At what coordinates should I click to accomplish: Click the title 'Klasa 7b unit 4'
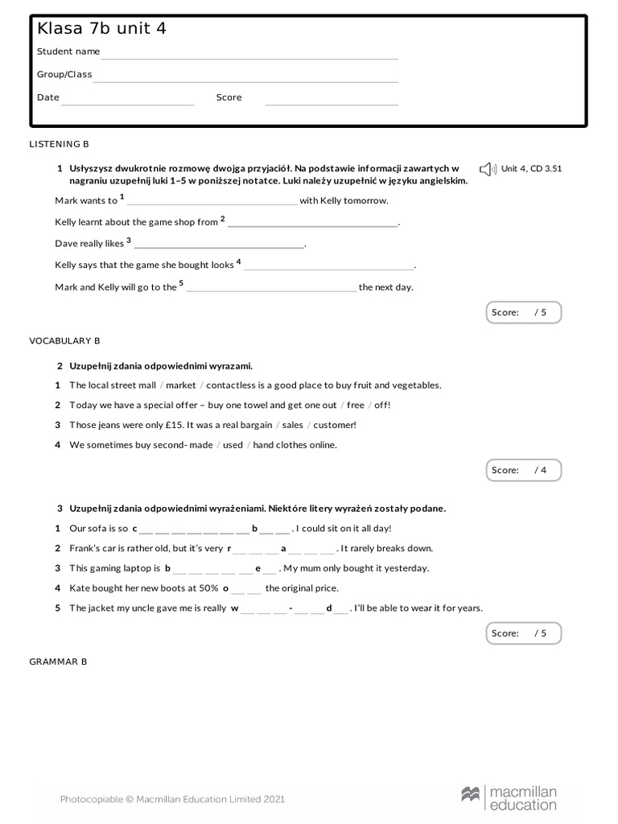[x=101, y=29]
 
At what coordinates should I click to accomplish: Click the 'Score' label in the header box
[x=229, y=97]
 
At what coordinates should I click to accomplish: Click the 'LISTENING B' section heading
[x=60, y=144]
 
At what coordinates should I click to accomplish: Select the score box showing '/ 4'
[x=523, y=470]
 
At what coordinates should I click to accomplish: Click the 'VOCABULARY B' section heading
[x=64, y=341]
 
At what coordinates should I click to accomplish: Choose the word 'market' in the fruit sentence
[x=181, y=385]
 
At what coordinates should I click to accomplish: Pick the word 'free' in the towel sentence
[x=356, y=406]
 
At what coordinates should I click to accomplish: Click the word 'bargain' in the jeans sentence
[x=253, y=425]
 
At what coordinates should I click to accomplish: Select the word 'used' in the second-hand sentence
[x=233, y=445]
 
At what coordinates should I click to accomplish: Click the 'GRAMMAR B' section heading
[x=59, y=661]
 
